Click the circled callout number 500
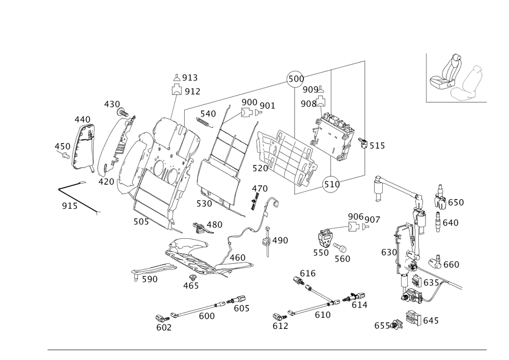(296, 79)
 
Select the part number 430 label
(111, 104)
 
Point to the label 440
(82, 119)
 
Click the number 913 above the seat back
(190, 78)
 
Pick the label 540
(208, 114)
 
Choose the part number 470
(259, 189)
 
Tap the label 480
(214, 224)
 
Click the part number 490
(280, 240)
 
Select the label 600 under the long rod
(207, 316)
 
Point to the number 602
(164, 328)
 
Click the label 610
(323, 315)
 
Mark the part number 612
(280, 326)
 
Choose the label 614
(360, 304)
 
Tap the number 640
(451, 223)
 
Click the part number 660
(451, 264)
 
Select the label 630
(389, 252)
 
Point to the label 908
(308, 104)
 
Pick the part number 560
(343, 259)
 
